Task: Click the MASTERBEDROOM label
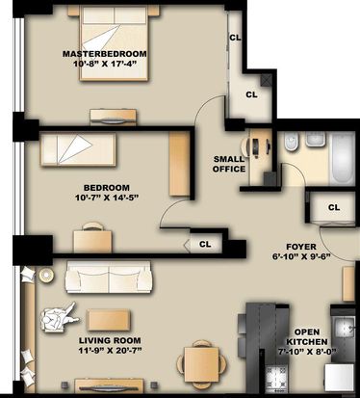[105, 54]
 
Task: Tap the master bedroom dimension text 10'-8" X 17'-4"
[105, 64]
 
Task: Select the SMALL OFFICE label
[229, 164]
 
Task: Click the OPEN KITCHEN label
[307, 337]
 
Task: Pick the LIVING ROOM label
[110, 340]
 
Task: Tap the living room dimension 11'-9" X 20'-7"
[110, 350]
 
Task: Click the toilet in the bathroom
[291, 142]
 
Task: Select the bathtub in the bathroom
[342, 158]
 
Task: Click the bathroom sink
[316, 139]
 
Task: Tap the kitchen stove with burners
[277, 379]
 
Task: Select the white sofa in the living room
[109, 277]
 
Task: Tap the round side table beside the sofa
[46, 275]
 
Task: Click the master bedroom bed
[114, 42]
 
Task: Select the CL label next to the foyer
[334, 207]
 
